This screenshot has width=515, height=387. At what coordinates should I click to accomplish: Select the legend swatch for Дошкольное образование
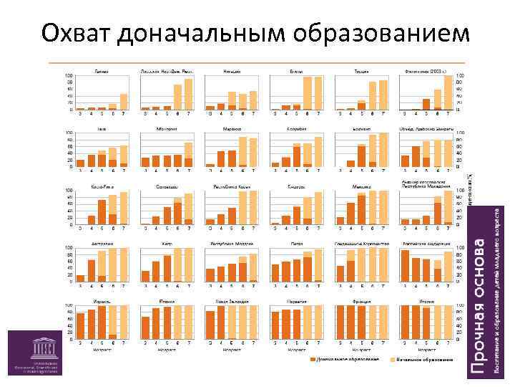click(313, 358)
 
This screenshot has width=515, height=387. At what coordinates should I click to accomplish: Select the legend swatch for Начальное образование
click(393, 358)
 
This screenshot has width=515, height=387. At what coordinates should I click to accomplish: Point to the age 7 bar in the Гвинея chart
click(124, 102)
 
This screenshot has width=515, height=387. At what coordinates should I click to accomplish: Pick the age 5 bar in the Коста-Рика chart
click(102, 212)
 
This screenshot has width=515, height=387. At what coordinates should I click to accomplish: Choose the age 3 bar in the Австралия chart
click(81, 278)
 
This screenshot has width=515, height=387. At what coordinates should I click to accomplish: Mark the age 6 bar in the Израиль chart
click(113, 337)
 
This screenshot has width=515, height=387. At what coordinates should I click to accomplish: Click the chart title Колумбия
click(297, 129)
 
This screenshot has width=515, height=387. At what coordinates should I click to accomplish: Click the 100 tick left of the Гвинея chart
click(69, 75)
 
